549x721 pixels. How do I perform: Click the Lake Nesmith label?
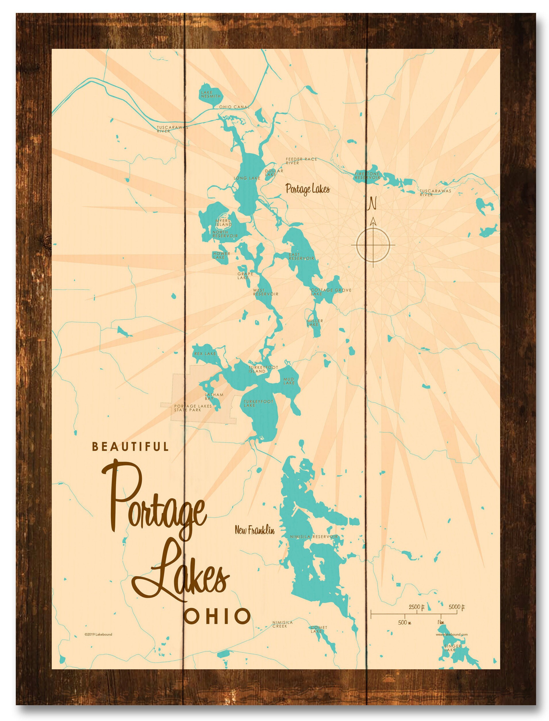click(211, 95)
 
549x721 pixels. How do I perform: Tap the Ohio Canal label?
click(234, 107)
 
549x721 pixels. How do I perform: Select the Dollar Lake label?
click(274, 173)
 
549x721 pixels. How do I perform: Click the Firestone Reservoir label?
click(368, 176)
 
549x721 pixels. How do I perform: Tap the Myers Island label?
click(223, 223)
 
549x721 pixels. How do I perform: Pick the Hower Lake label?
click(222, 256)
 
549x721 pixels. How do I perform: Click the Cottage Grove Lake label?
click(331, 292)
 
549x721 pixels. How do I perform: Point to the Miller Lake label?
click(315, 323)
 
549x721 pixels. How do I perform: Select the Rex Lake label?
click(205, 354)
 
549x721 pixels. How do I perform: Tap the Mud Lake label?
click(289, 381)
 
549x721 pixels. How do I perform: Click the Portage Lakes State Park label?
click(193, 408)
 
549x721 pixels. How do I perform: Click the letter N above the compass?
click(372, 203)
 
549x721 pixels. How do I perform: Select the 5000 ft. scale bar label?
click(456, 607)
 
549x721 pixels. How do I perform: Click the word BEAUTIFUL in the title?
click(131, 447)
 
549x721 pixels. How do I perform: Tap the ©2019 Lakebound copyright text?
click(98, 635)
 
